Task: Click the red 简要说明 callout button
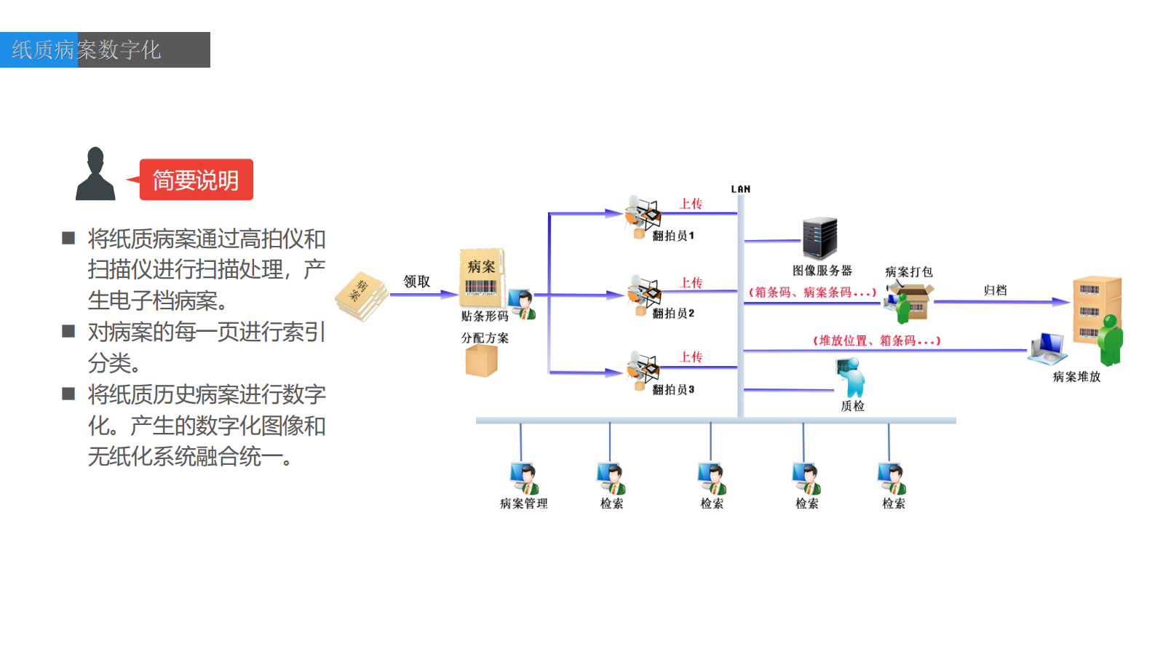pos(196,180)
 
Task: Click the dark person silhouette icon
pos(95,175)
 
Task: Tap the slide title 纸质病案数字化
pos(87,49)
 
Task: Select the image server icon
pos(819,238)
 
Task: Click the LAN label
pos(741,189)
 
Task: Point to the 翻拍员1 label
pos(673,236)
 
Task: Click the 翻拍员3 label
pos(673,390)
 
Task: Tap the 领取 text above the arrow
pos(417,282)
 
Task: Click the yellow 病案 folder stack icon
pos(362,295)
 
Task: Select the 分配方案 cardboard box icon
pos(481,360)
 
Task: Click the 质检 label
pos(852,406)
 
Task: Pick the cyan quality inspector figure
pos(852,377)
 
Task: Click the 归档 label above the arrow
pos(995,290)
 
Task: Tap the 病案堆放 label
pos(1076,377)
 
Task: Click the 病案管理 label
pos(523,503)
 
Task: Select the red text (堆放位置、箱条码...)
pos(876,341)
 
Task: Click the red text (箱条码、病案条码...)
pos(812,292)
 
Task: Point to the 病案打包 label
pos(908,272)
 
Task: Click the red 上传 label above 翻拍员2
pos(691,282)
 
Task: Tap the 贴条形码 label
pos(485,316)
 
